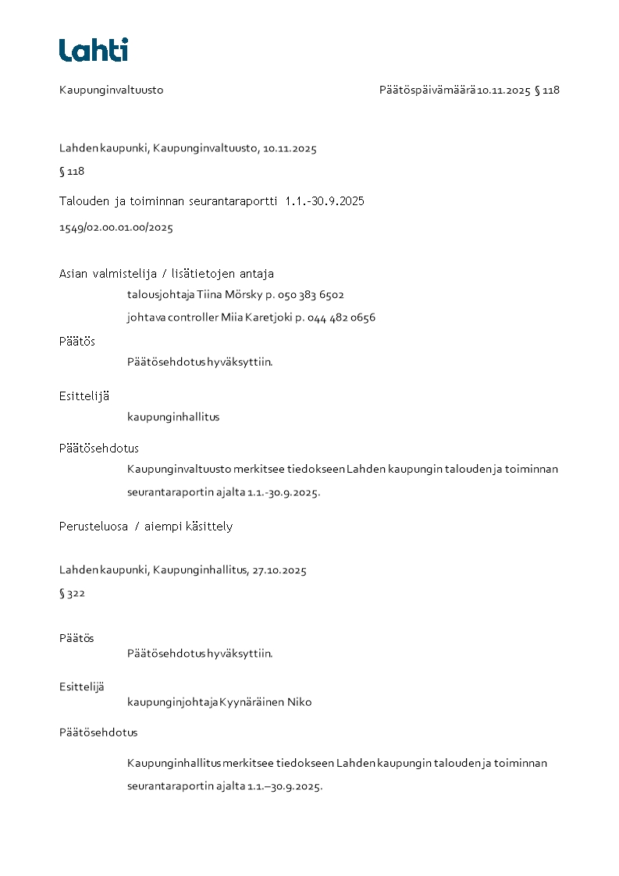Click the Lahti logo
click(94, 50)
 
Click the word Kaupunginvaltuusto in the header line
click(111, 90)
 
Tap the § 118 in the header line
click(547, 90)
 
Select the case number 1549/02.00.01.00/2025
click(116, 228)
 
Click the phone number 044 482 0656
click(341, 317)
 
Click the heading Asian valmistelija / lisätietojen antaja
click(166, 274)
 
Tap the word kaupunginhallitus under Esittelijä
click(173, 417)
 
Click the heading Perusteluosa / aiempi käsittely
click(146, 527)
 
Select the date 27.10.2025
click(279, 570)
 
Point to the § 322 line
click(72, 594)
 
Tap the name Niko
click(299, 702)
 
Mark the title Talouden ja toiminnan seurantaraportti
click(168, 201)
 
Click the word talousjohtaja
click(155, 295)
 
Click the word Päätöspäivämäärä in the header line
click(427, 90)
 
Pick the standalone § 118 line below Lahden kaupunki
click(72, 171)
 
